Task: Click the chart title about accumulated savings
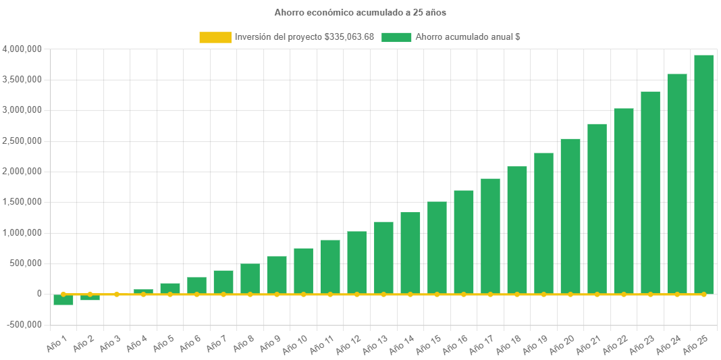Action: point(360,12)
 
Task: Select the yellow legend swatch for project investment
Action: point(215,37)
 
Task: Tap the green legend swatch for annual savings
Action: point(396,37)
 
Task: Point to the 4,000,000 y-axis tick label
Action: point(23,49)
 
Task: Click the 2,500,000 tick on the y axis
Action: point(23,141)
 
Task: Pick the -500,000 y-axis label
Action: point(24,324)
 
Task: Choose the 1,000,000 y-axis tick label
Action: point(23,233)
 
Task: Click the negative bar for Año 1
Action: point(63,301)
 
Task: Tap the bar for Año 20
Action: point(570,216)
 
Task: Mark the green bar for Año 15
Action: point(437,247)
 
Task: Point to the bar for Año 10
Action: point(303,271)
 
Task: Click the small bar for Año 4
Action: point(143,291)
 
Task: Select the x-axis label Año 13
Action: point(375,344)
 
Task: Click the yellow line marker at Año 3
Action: point(117,294)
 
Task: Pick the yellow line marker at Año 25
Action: point(703,294)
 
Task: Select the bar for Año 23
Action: point(650,192)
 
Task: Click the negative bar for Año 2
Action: point(90,298)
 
